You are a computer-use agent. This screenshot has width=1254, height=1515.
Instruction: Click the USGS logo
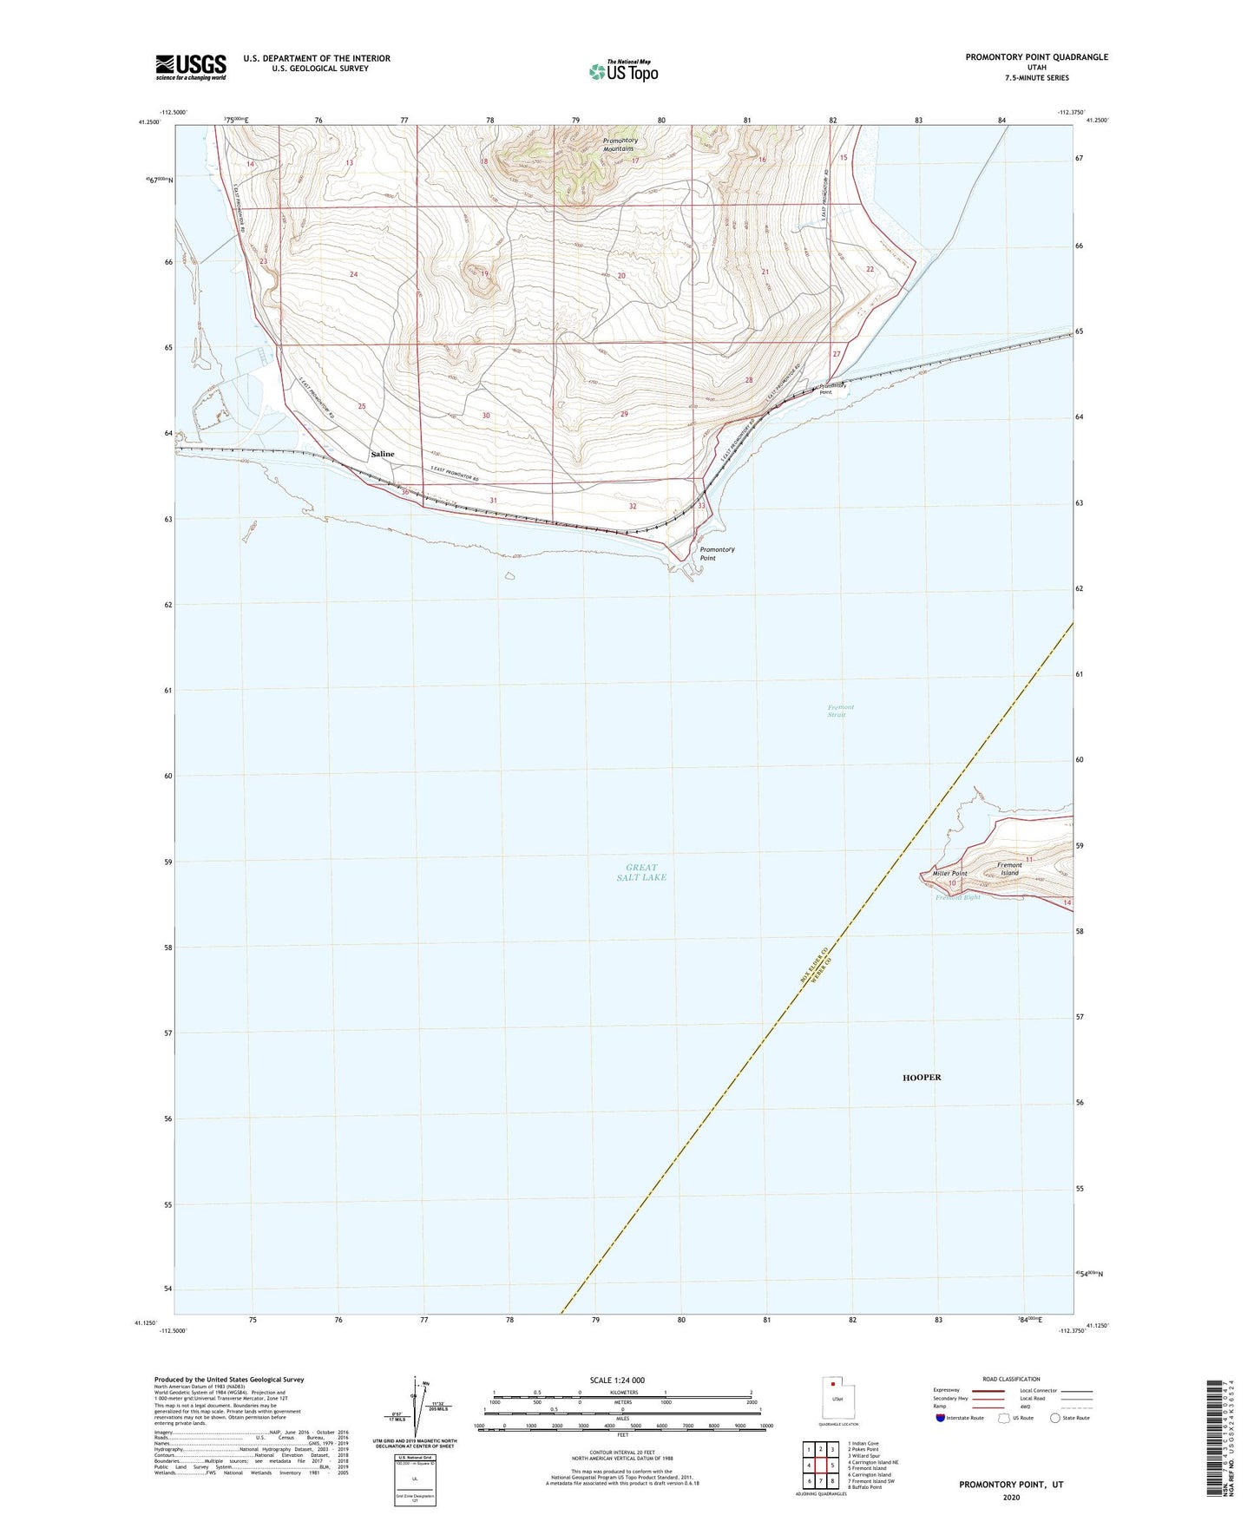190,66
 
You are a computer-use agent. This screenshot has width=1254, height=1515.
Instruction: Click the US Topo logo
622,71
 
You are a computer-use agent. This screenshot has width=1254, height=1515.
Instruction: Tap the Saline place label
382,454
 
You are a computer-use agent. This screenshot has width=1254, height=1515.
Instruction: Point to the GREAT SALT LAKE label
641,872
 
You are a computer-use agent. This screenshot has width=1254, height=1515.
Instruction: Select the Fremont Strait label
840,711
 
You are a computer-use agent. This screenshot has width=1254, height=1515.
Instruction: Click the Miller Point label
949,873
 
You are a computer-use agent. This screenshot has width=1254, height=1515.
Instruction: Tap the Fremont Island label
1008,869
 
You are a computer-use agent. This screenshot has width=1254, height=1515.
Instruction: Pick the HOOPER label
921,1077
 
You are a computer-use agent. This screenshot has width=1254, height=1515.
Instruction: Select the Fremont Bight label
957,897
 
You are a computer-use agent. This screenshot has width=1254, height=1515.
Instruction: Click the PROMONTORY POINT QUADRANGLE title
1036,57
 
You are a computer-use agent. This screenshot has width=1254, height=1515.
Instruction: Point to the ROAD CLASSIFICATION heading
1011,1379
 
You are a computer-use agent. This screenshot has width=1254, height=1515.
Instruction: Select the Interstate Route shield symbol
942,1418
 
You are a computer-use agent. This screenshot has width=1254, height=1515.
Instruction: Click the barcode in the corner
1216,1438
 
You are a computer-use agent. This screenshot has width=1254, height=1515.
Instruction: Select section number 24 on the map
353,274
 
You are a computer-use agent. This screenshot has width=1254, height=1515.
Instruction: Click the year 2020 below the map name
1010,1497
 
